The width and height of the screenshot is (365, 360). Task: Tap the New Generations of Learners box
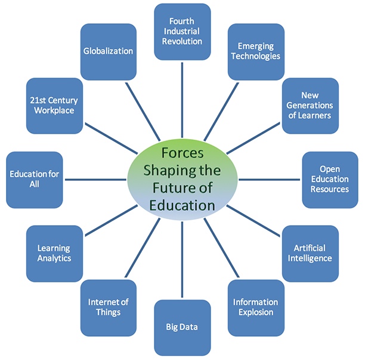(x=311, y=106)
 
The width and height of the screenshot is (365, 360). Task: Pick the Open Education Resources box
(x=330, y=179)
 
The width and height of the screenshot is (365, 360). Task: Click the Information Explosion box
(x=256, y=307)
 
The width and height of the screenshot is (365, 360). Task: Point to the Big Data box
(x=182, y=327)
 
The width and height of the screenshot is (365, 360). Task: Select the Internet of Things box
(x=109, y=307)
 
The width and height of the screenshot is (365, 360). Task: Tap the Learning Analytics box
(x=54, y=253)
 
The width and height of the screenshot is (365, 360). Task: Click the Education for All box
(x=35, y=179)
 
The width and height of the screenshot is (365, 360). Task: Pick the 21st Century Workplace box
(x=54, y=106)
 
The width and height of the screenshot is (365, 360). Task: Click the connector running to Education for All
(x=95, y=179)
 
